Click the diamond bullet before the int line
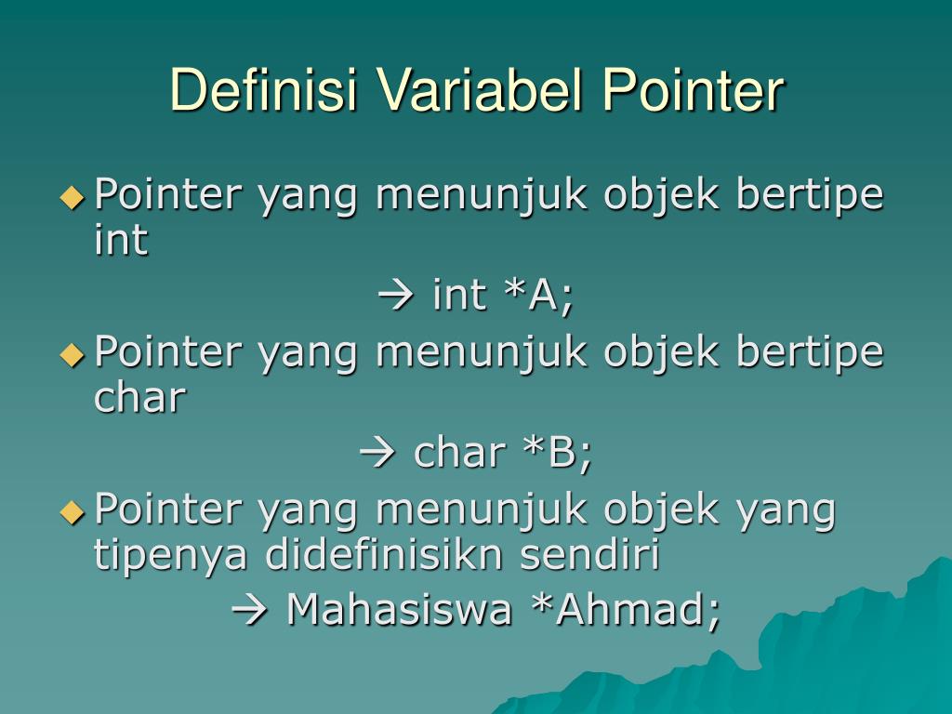(x=72, y=197)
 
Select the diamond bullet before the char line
(x=72, y=355)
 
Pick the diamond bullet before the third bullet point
(x=72, y=512)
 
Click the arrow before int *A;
(x=396, y=296)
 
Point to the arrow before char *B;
(x=377, y=454)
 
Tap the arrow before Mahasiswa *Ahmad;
(x=249, y=610)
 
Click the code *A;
(x=539, y=296)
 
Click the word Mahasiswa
(x=399, y=609)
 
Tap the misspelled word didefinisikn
(x=384, y=554)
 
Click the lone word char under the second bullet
(x=139, y=397)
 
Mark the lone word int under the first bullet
(x=121, y=239)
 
